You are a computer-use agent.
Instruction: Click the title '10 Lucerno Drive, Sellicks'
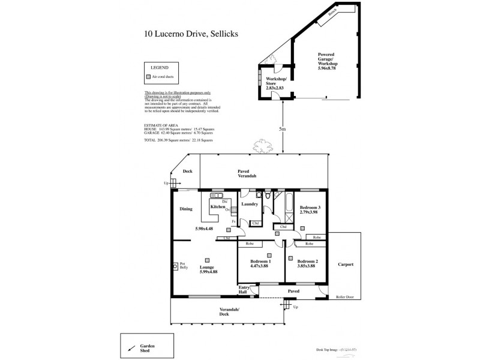click(191, 34)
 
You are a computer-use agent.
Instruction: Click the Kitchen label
click(217, 206)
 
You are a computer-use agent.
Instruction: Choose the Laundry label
click(249, 204)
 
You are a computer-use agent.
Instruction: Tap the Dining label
click(186, 209)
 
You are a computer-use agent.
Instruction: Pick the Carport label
click(346, 264)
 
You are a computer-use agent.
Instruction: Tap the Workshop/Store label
click(276, 85)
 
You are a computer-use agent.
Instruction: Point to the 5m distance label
click(283, 129)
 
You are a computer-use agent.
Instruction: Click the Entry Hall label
click(244, 290)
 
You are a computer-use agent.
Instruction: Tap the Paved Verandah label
click(247, 173)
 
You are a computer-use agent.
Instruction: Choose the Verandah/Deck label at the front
click(224, 311)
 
